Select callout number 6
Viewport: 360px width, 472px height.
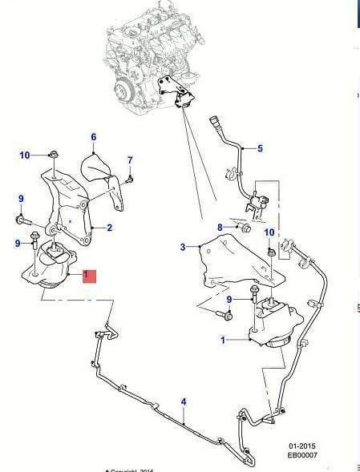[x=93, y=137]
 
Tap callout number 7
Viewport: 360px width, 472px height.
[x=129, y=160]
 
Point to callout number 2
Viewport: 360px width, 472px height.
[x=109, y=228]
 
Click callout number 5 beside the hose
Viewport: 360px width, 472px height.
[x=260, y=148]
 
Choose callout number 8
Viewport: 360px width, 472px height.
[x=220, y=228]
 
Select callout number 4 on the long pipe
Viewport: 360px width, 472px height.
[x=184, y=401]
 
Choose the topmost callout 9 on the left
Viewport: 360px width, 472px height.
[x=21, y=199]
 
